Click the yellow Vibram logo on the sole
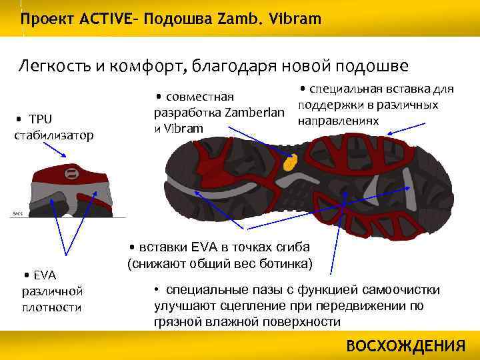[x=290, y=162]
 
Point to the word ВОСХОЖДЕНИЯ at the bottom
[x=406, y=346]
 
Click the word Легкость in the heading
[x=53, y=66]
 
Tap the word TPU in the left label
[x=41, y=119]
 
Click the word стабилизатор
[x=53, y=135]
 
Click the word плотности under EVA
[x=52, y=307]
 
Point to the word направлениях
[x=338, y=121]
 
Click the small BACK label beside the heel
[x=17, y=213]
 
